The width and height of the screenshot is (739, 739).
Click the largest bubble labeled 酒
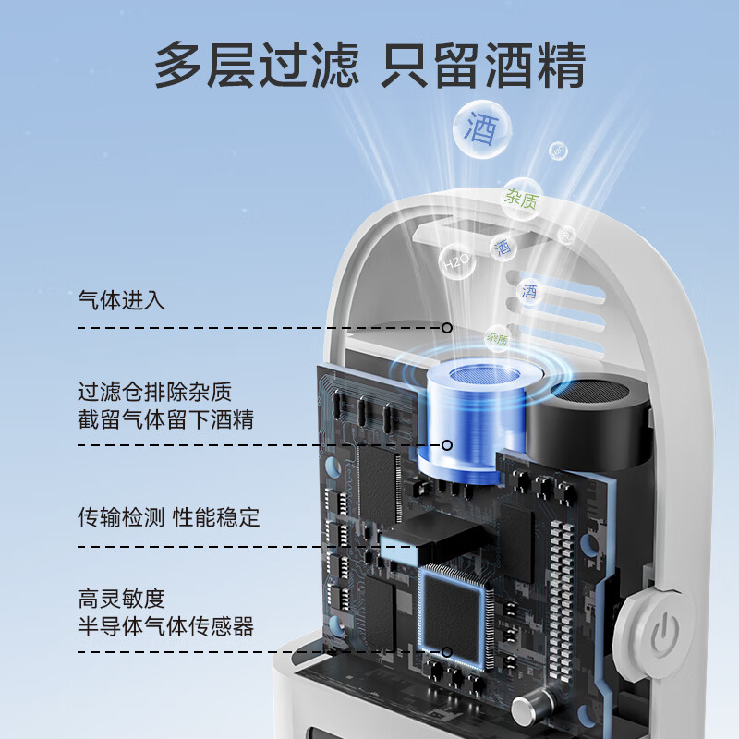pyautogui.click(x=482, y=128)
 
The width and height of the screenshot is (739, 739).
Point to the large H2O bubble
pyautogui.click(x=456, y=263)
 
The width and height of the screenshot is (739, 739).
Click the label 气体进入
pyautogui.click(x=122, y=299)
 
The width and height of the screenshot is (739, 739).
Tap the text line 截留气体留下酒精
pyautogui.click(x=165, y=420)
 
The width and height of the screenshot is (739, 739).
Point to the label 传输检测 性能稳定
pyautogui.click(x=169, y=516)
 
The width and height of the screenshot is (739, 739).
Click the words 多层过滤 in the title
pyautogui.click(x=256, y=65)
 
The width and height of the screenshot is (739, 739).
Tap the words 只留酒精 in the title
pyautogui.click(x=484, y=65)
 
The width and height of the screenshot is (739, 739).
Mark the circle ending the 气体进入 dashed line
pyautogui.click(x=447, y=327)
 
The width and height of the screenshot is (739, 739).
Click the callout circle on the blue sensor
pyautogui.click(x=447, y=445)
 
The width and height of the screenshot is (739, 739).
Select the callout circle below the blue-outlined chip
pyautogui.click(x=447, y=652)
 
